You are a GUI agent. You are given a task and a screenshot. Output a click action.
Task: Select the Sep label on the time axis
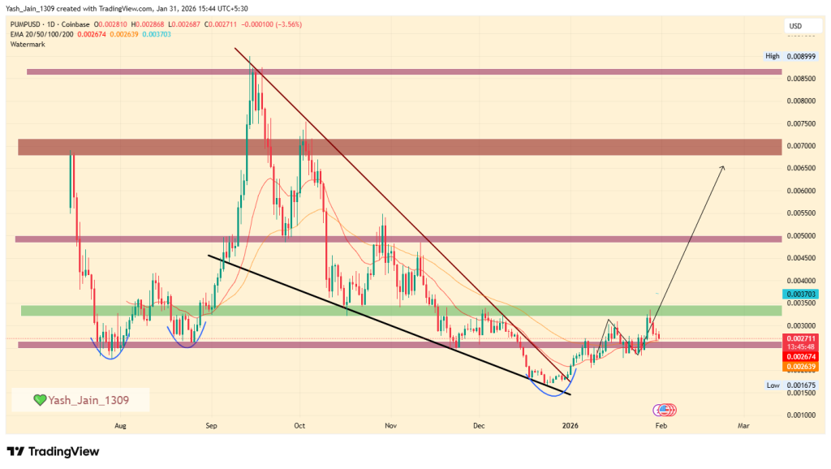[211, 424]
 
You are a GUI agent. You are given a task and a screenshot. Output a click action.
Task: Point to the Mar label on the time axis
[743, 424]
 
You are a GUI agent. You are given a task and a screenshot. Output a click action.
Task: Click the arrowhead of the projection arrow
[722, 166]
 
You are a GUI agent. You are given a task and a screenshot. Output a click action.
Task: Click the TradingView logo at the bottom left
[53, 451]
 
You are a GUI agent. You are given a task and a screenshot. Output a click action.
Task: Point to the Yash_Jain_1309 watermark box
[80, 400]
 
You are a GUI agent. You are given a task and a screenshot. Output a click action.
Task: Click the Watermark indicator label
[28, 44]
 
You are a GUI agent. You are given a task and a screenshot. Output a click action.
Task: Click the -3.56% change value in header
[286, 24]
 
